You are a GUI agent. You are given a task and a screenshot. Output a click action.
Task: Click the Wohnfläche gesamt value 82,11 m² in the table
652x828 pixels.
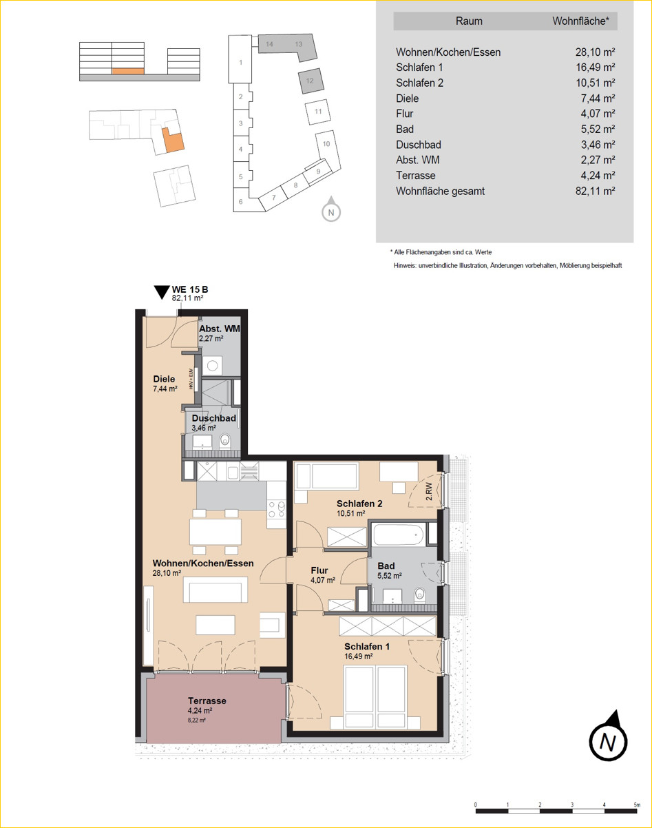(x=595, y=192)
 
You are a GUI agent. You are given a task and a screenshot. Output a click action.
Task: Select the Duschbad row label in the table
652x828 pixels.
(x=419, y=145)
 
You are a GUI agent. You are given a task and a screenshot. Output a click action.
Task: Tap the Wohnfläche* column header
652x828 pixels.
(x=581, y=21)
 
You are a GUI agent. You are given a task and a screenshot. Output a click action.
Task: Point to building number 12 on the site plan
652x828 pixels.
(x=310, y=81)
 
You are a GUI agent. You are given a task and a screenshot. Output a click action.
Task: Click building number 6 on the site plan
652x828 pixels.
(x=241, y=202)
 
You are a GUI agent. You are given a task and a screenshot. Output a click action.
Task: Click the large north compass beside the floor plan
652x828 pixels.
(x=608, y=737)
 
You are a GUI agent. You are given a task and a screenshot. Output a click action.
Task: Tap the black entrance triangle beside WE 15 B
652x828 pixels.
(x=162, y=292)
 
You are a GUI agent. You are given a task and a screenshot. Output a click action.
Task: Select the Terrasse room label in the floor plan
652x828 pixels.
(x=207, y=701)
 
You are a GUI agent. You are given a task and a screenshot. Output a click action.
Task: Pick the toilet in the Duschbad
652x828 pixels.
(x=225, y=441)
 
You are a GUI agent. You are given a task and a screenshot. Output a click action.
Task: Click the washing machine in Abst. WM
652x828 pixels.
(x=213, y=365)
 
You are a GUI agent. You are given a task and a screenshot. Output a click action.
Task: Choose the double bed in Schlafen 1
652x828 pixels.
(x=375, y=697)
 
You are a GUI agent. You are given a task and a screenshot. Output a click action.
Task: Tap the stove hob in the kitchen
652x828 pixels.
(x=277, y=510)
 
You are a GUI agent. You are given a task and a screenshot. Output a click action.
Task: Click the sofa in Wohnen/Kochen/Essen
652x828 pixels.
(x=215, y=589)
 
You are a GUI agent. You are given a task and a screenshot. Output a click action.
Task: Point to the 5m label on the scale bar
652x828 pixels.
(x=637, y=805)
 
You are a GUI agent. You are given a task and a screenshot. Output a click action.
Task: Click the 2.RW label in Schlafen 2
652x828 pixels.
(x=430, y=491)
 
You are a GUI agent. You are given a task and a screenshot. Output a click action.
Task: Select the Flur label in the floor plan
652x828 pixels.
(x=319, y=570)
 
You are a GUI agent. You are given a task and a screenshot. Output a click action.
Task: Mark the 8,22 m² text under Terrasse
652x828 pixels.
(x=196, y=721)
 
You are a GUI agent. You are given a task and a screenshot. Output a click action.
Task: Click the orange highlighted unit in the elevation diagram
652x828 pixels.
(x=128, y=71)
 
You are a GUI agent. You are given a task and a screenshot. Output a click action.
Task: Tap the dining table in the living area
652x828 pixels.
(x=215, y=531)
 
